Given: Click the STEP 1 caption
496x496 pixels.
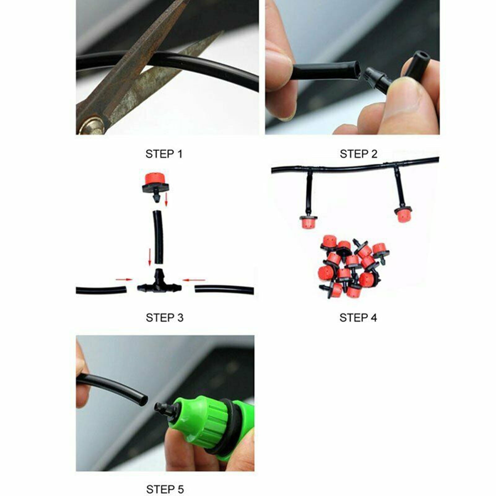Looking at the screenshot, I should coord(164,154).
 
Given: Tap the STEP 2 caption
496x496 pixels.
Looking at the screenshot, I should coord(358,154).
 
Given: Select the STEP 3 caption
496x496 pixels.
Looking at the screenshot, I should coord(165,318).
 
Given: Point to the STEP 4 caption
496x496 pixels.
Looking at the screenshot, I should coord(358,318).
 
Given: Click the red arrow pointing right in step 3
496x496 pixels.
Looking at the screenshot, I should coord(124,280).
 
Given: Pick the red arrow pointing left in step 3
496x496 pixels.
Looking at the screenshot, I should coord(194,280).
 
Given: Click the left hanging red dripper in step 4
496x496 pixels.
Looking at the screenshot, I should coord(309,221).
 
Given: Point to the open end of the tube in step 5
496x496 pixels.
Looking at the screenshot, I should coord(143,400).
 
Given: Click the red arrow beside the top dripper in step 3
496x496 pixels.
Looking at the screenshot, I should coord(166,199).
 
